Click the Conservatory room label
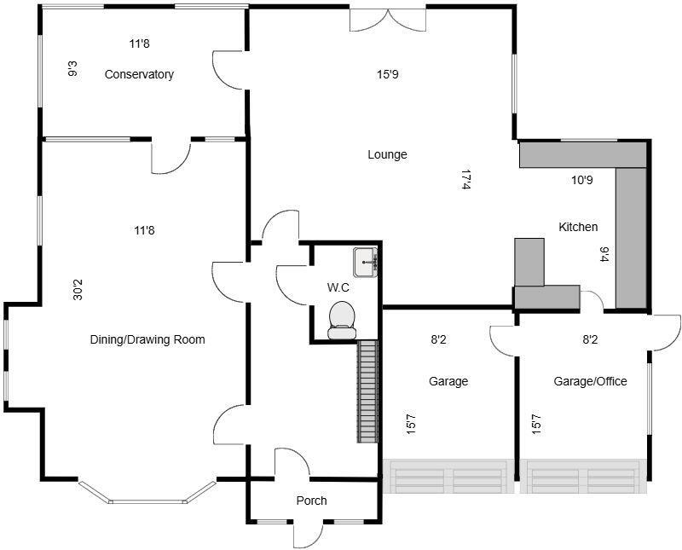point(139,74)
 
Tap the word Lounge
point(387,154)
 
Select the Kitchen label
point(578,227)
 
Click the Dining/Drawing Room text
point(147,339)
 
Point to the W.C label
point(338,287)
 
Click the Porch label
point(311,501)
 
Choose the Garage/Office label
point(590,381)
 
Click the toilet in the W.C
point(342,318)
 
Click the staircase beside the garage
point(367,391)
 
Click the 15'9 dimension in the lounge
point(388,74)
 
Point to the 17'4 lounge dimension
point(466,179)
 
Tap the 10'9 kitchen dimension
point(582,180)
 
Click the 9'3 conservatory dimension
point(72,68)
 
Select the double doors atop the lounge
point(388,19)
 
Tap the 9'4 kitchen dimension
point(604,254)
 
